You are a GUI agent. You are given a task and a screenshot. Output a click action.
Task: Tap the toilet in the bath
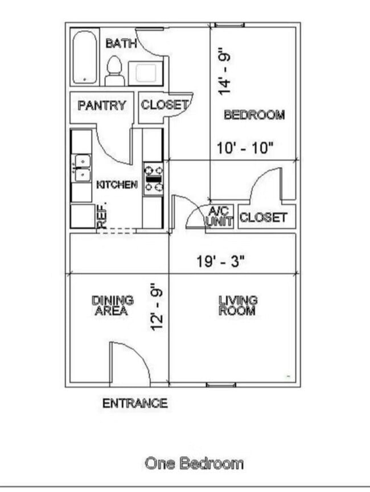pyautogui.click(x=114, y=71)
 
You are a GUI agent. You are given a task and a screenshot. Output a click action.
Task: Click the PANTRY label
pyautogui.click(x=102, y=105)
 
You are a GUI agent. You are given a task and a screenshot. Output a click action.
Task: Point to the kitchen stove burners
pyautogui.click(x=153, y=178)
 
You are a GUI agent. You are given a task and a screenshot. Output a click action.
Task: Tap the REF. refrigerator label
pyautogui.click(x=103, y=216)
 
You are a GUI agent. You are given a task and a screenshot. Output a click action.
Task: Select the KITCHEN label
pyautogui.click(x=117, y=185)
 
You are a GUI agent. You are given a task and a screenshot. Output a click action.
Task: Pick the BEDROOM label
pyautogui.click(x=254, y=114)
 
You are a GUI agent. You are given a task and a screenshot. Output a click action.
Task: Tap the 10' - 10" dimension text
pyautogui.click(x=246, y=148)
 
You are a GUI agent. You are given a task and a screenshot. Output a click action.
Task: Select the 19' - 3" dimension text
pyautogui.click(x=221, y=262)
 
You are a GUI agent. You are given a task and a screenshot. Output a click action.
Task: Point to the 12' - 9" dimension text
pyautogui.click(x=158, y=307)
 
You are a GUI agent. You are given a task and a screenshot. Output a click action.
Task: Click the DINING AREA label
pyautogui.click(x=113, y=305)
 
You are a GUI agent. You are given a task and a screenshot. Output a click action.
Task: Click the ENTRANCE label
pyautogui.click(x=135, y=403)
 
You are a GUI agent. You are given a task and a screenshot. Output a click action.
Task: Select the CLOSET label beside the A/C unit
pyautogui.click(x=263, y=217)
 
